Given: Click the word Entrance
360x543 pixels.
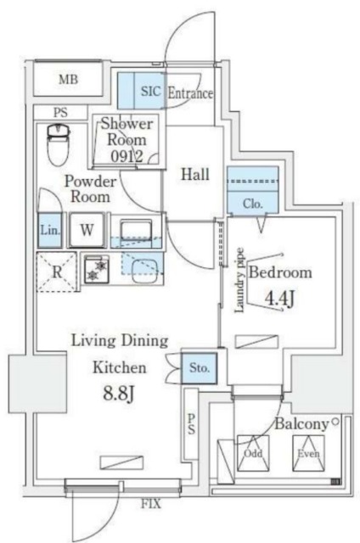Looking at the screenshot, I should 190,93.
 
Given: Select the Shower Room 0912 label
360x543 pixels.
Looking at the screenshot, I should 127,139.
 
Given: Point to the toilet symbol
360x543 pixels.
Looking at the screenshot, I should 58,144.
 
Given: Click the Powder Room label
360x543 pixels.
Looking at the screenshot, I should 90,188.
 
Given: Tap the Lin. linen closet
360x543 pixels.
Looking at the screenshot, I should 48,230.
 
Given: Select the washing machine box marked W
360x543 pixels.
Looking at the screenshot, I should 87,230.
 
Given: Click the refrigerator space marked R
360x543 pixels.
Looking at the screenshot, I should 56,272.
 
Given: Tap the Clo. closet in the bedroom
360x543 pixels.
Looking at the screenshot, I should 252,204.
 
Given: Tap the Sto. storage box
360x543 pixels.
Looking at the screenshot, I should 200,368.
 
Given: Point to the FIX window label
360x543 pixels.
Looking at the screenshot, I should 150,504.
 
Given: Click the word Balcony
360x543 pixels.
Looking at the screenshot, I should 301,423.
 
